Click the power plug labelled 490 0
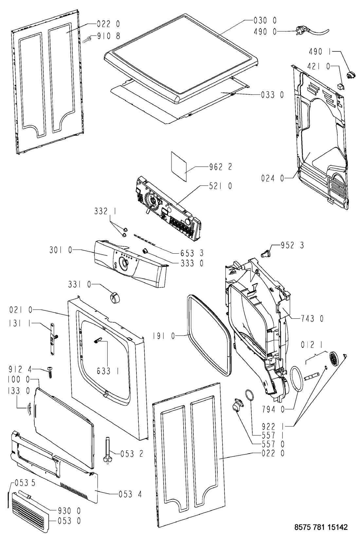pos(311,32)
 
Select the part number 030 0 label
pos(265,21)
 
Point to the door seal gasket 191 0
pos(189,337)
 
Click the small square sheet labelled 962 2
pos(179,166)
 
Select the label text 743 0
pos(312,318)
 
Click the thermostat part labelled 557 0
pos(236,405)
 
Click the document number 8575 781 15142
pos(321,527)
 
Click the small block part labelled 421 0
pos(340,86)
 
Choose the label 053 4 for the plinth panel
pos(130,494)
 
